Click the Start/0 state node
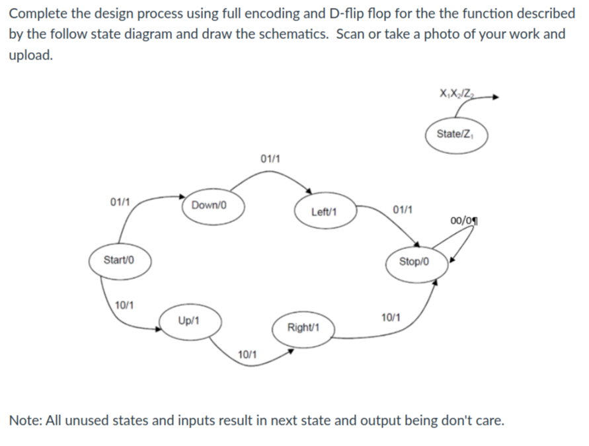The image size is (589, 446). [x=120, y=260]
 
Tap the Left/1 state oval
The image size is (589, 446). [x=324, y=212]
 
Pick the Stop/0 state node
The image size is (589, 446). [x=415, y=261]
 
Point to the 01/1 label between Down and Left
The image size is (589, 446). [x=270, y=159]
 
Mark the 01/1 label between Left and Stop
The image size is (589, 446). [x=403, y=210]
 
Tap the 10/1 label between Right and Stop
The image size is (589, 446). [x=392, y=318]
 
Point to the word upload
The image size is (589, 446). [x=30, y=55]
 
